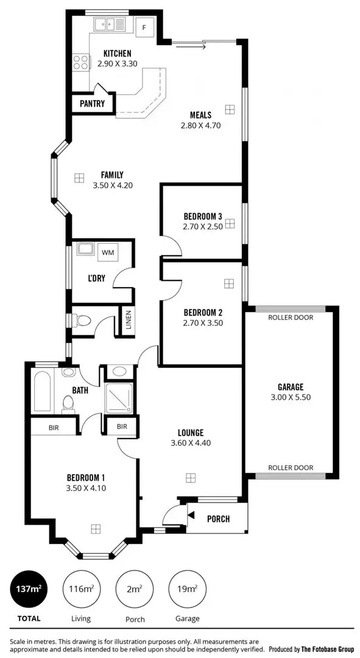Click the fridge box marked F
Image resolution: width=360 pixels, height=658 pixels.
(x=145, y=27)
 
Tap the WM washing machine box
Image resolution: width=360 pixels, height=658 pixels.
(x=108, y=252)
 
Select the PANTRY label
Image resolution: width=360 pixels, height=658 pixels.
(x=93, y=104)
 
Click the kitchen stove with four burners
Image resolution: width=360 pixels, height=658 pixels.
(x=80, y=61)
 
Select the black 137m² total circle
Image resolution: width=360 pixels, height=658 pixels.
(x=28, y=589)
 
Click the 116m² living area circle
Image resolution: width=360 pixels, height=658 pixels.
(x=80, y=589)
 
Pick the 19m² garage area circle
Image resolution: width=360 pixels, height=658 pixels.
(x=186, y=589)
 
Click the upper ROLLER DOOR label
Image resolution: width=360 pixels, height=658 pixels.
(x=291, y=317)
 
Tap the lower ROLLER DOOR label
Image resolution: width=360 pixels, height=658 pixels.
(x=291, y=468)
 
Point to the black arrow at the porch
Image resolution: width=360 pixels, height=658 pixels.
(x=191, y=515)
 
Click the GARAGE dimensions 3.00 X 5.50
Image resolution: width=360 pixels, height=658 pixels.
(x=291, y=397)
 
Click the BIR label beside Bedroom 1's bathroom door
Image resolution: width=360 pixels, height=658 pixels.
(x=122, y=426)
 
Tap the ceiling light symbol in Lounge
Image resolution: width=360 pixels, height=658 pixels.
(x=190, y=477)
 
